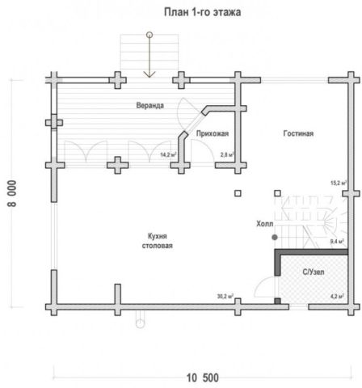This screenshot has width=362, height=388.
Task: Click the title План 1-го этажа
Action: pos(203,12)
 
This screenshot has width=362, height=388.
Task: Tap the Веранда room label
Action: pos(150,105)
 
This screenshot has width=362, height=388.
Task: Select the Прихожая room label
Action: pos(213,133)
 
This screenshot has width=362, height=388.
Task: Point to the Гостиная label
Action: pos(298,133)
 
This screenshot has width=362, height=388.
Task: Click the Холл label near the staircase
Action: pos(265,224)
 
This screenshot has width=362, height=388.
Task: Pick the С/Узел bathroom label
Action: pos(314,272)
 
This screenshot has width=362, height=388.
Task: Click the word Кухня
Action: pos(158,236)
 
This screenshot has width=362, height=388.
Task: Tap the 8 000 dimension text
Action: pos(12,193)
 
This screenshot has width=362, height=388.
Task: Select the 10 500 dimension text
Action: pos(203,377)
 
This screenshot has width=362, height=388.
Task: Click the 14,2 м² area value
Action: pos(168,154)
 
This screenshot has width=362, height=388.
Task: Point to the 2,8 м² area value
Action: pos(227,154)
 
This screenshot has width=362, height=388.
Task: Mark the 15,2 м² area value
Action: pos(339,183)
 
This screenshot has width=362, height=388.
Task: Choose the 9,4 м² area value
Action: pos(337,242)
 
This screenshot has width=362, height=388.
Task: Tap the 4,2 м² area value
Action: pos(337,297)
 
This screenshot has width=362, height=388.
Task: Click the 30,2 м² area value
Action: pos(225,297)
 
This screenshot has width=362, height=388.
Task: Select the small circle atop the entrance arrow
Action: pos(149,35)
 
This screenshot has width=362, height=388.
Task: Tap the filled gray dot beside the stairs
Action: pos(275,238)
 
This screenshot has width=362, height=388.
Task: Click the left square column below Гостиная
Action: pos(238,193)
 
